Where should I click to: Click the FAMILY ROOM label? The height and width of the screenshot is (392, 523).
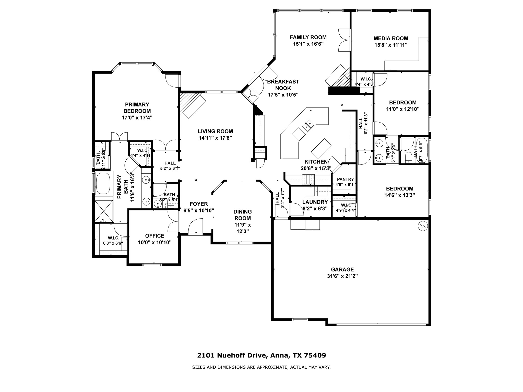pos(308,37)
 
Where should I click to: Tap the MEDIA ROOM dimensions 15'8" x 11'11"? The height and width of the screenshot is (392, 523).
pos(391,45)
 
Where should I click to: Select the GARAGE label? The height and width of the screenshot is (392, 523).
pos(342,269)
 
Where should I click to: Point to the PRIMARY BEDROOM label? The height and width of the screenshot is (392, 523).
pos(137,108)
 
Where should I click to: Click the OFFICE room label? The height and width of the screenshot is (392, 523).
pos(155,236)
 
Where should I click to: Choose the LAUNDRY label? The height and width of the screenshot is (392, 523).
pos(315,202)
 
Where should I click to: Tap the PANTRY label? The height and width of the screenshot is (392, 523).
pos(346,179)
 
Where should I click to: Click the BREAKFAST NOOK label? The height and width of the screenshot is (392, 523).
pos(283,85)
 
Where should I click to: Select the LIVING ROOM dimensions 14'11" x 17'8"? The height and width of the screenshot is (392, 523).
pos(215,138)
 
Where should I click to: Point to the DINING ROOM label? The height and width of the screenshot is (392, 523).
pos(243,215)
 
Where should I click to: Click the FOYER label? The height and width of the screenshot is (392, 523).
pos(199,204)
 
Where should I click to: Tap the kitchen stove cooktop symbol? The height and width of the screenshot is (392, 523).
pos(309,179)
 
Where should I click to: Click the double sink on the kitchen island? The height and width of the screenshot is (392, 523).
pos(306,125)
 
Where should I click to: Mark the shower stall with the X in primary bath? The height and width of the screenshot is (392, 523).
pos(103,211)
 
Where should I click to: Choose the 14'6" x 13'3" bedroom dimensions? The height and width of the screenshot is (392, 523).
pos(400,195)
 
